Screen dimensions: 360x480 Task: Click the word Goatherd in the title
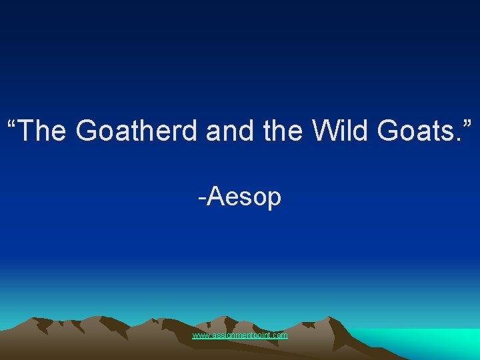point(137,131)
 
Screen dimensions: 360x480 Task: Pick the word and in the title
point(227,131)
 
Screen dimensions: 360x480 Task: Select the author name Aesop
point(244,198)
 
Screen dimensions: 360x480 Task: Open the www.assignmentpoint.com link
point(240,335)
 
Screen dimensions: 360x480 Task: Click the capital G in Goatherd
point(87,131)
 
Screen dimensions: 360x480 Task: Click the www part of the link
point(199,335)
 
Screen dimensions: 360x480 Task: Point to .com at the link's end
point(280,335)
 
